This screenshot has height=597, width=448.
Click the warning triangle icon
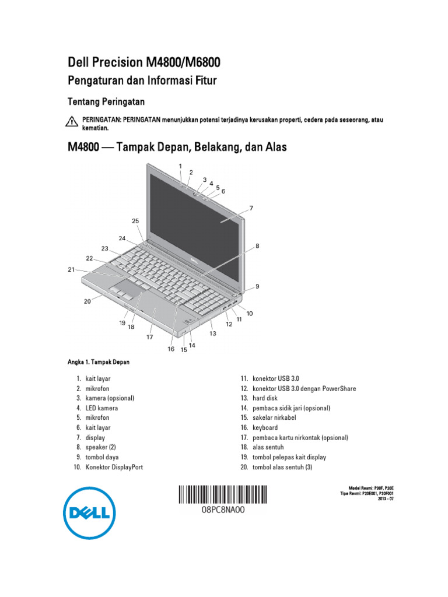(71, 121)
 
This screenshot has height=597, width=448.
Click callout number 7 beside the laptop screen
(251, 208)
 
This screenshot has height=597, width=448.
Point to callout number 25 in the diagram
(135, 221)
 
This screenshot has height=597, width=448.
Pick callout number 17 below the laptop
(150, 336)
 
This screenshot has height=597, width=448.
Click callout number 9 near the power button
(257, 286)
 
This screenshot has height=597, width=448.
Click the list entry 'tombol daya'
(102, 457)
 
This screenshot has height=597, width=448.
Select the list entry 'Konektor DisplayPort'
(114, 467)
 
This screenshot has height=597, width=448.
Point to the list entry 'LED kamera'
(101, 408)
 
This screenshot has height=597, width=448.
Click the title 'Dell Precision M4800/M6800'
(145, 62)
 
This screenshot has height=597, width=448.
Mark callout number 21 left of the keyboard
(71, 269)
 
